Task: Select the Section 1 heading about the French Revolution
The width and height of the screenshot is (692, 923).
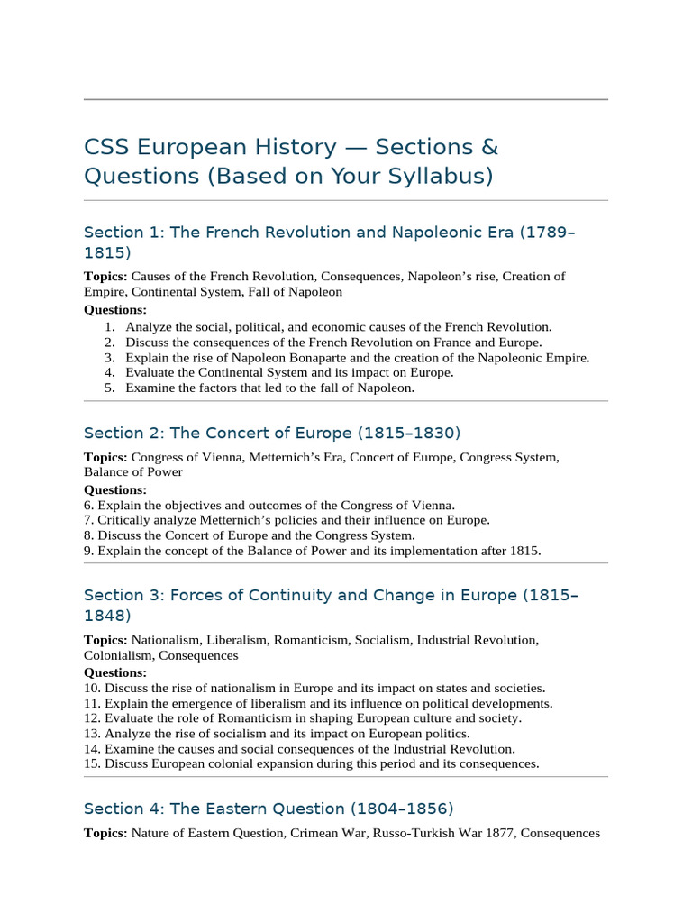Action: (329, 233)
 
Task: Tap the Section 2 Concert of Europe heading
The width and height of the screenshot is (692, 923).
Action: (272, 433)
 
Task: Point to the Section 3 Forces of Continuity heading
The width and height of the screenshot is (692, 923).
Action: (331, 596)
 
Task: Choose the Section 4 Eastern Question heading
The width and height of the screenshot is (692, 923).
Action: (269, 809)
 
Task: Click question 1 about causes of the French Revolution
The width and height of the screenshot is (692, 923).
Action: (338, 327)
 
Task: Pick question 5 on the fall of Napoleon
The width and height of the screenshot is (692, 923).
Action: (269, 388)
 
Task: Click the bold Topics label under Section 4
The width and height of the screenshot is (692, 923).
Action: (105, 834)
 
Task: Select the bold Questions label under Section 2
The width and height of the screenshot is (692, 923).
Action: (115, 490)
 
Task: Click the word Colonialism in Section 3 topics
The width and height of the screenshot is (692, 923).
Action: (115, 655)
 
